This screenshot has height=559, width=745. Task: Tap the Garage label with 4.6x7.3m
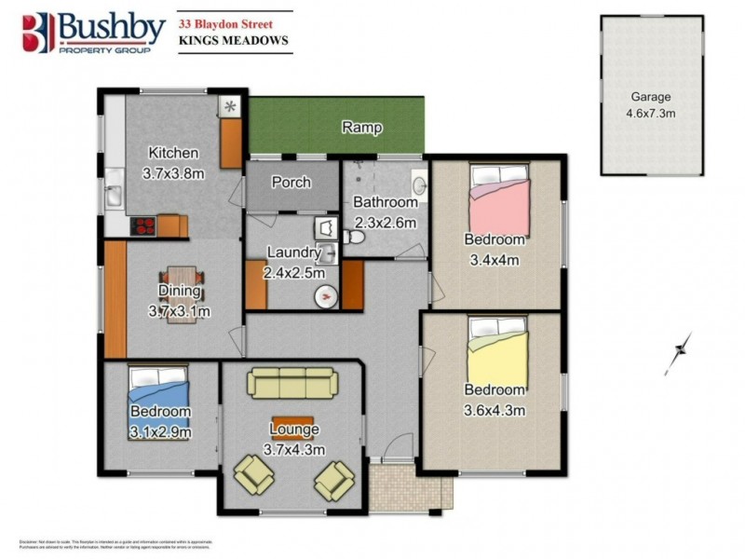[651, 104]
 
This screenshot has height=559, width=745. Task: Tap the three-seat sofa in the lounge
[291, 383]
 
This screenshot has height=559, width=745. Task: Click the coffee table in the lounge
[292, 421]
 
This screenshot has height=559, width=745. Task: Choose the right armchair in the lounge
[333, 481]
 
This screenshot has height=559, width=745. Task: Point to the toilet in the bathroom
[352, 237]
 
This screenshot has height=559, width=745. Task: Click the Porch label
[291, 182]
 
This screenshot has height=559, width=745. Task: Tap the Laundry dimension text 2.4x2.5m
[294, 273]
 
